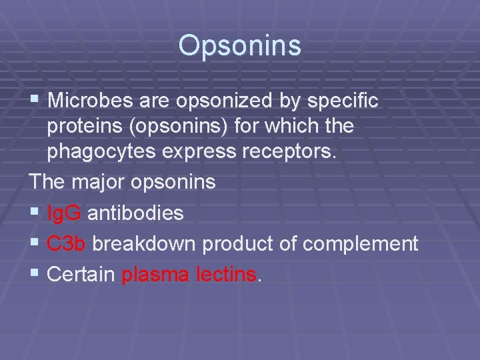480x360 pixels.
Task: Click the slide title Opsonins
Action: pos(239,46)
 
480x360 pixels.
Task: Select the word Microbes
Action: pos(92,101)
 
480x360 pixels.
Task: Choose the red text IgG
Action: pos(65,213)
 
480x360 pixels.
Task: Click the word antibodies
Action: pos(135,213)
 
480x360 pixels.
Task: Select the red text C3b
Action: pos(67,243)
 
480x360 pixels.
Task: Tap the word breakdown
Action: pos(144,243)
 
